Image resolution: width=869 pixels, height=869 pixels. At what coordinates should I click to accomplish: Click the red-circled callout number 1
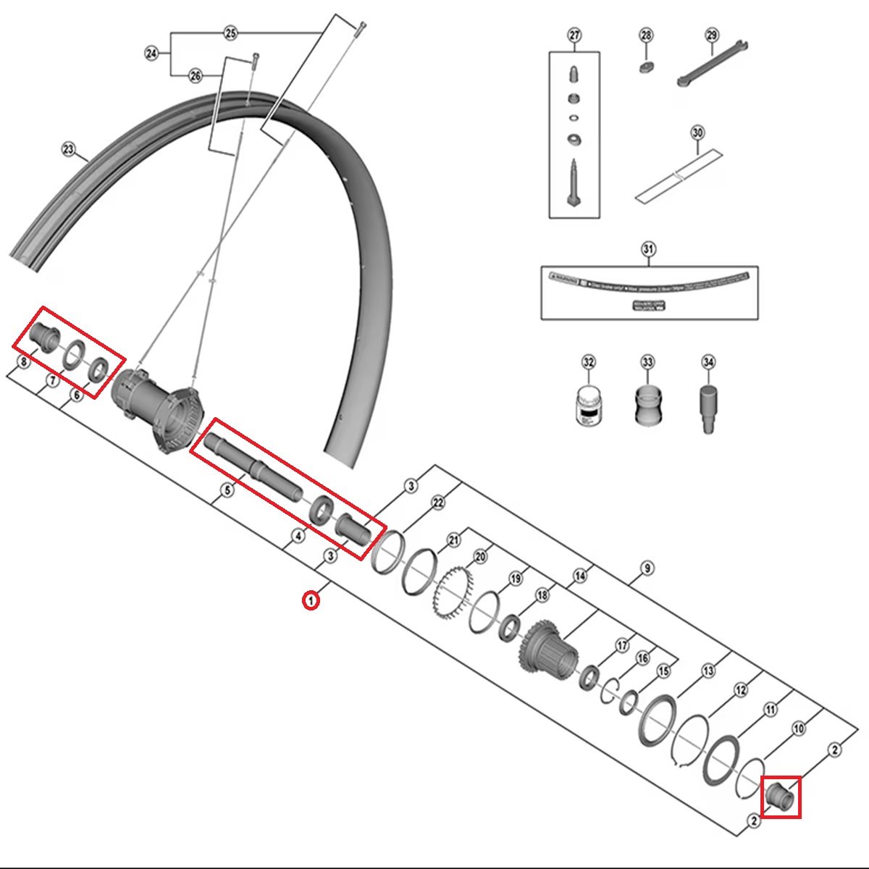[x=311, y=600]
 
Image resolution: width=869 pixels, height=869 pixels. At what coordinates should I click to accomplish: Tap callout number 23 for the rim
[x=68, y=150]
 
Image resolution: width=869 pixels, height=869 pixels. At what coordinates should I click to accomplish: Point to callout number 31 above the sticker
[x=648, y=250]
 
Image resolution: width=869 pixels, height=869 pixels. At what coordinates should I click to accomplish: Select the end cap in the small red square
[x=781, y=797]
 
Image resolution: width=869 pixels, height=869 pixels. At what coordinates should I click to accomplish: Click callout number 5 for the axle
[x=227, y=490]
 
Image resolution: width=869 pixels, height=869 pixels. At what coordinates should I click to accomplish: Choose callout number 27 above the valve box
[x=574, y=35]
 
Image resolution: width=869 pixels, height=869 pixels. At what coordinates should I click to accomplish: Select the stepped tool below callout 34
[x=708, y=409]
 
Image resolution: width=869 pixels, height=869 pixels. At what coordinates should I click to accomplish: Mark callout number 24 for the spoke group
[x=151, y=54]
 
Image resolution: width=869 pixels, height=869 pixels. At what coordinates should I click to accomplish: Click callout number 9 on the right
[x=647, y=568]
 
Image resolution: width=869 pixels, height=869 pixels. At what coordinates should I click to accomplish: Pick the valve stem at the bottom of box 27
[x=574, y=184]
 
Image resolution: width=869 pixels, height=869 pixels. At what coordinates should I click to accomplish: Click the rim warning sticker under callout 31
[x=648, y=287]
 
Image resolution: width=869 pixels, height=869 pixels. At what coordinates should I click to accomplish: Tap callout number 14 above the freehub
[x=579, y=576]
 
